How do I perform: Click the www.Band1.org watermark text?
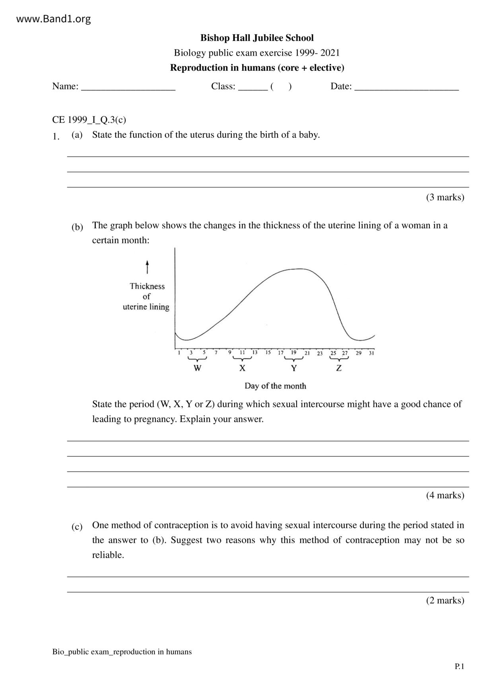53,19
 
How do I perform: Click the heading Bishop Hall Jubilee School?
257,38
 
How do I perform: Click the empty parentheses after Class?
281,86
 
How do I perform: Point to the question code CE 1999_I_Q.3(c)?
89,120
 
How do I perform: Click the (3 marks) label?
445,197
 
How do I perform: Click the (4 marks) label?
445,495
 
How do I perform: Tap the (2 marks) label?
445,600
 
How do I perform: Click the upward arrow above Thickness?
147,267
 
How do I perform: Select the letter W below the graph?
197,368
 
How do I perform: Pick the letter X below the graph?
242,368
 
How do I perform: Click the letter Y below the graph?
294,368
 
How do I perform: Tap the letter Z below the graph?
339,368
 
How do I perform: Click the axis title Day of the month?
275,386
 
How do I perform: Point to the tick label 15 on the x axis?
268,352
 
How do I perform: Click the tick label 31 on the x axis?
371,353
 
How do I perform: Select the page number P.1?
459,666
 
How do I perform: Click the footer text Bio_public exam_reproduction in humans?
122,652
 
